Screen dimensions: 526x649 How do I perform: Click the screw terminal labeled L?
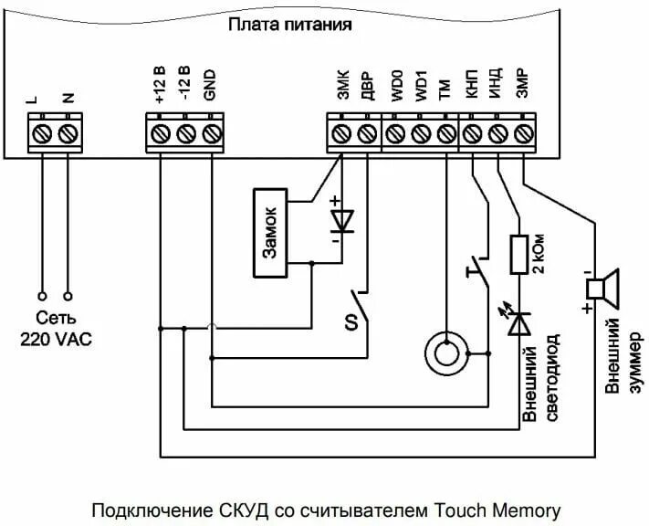click(x=41, y=134)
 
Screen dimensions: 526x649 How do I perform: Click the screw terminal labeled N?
click(x=68, y=134)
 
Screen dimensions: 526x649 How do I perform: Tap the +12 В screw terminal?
click(x=160, y=134)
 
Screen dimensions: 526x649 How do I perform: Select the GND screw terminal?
click(x=212, y=134)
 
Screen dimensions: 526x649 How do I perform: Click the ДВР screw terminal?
click(x=367, y=134)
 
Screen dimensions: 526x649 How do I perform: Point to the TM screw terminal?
click(x=445, y=134)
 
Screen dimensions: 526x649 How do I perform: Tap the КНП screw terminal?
click(x=472, y=134)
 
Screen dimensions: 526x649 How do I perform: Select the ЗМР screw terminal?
click(x=523, y=134)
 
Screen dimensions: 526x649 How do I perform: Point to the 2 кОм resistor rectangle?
click(x=518, y=256)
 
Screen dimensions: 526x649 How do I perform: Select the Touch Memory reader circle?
click(x=446, y=350)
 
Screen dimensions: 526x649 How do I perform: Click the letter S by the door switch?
click(x=349, y=321)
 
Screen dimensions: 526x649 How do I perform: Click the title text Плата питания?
click(x=289, y=25)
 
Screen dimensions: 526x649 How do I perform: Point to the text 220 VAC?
click(x=56, y=337)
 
